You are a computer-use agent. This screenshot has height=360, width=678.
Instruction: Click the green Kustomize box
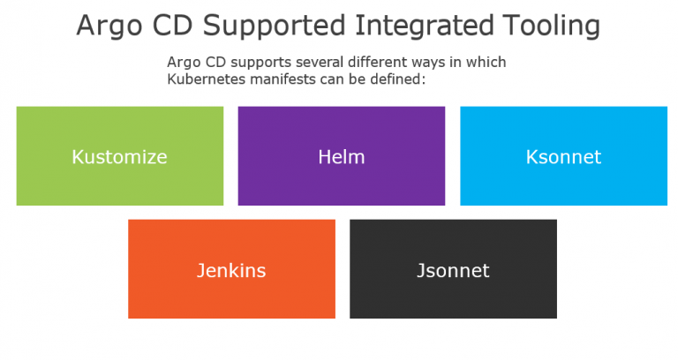(x=120, y=156)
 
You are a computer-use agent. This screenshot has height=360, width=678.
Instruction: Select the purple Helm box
(x=342, y=156)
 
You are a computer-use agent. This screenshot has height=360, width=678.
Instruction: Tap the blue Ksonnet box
(x=564, y=156)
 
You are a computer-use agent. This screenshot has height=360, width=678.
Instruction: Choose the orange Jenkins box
(x=232, y=269)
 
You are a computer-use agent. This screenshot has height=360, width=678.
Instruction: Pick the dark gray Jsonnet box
(x=453, y=269)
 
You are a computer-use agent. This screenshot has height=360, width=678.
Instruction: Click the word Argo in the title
(x=109, y=26)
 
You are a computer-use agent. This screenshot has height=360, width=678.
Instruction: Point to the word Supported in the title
(x=275, y=26)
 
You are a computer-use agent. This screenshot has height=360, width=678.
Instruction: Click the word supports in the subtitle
(x=261, y=64)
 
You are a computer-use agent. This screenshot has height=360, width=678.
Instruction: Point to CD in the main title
(x=172, y=25)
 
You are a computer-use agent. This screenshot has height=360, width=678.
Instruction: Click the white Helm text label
(x=342, y=156)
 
